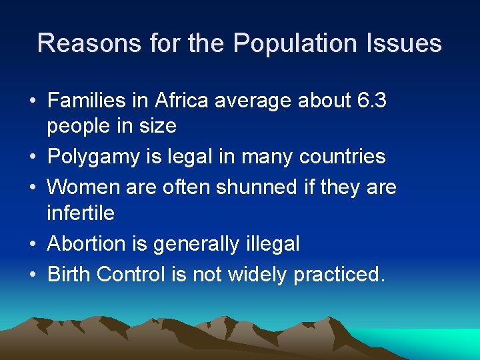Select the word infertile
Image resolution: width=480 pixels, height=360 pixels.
click(x=81, y=213)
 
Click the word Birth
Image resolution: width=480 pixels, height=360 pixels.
click(x=69, y=273)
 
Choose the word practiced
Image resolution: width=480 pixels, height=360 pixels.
click(x=339, y=275)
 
